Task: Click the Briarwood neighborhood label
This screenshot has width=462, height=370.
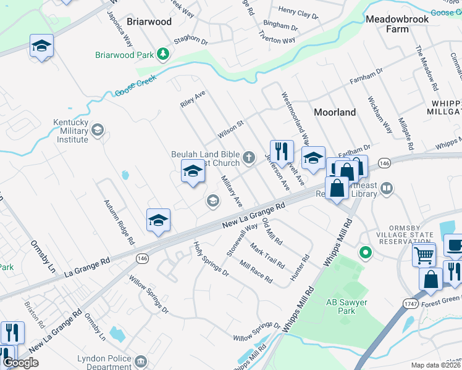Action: [149, 21]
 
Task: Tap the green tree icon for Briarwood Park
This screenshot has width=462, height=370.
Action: [164, 55]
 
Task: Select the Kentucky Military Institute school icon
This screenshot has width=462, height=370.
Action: [98, 129]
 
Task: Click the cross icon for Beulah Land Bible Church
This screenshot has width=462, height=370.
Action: [249, 158]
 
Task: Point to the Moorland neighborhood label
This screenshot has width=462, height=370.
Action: [335, 112]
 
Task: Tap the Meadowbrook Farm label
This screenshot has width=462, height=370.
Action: [397, 24]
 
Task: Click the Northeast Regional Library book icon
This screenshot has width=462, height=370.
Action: [387, 187]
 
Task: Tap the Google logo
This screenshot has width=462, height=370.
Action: [20, 363]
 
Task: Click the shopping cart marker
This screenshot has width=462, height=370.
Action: [424, 254]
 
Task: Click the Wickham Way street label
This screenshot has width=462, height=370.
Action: [380, 115]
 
